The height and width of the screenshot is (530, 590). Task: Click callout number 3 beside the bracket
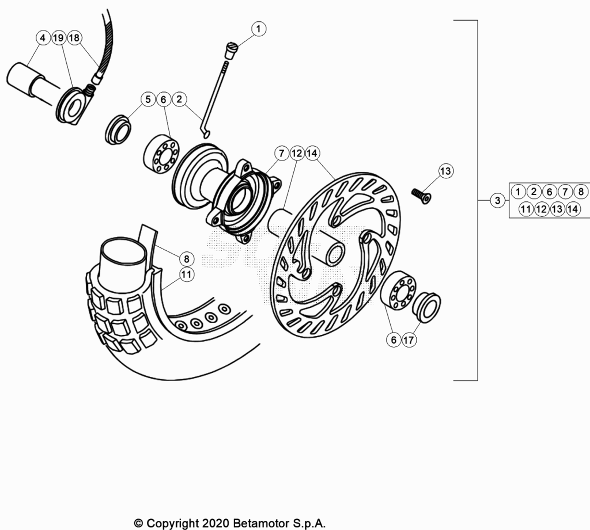pyautogui.click(x=497, y=200)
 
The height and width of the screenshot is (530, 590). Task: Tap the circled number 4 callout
pyautogui.click(x=43, y=37)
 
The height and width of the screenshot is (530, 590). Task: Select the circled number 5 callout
pyautogui.click(x=148, y=99)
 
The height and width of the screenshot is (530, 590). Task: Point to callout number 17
pyautogui.click(x=409, y=340)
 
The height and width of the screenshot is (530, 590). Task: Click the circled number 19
pyautogui.click(x=58, y=37)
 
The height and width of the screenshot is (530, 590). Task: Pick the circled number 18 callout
pyautogui.click(x=74, y=37)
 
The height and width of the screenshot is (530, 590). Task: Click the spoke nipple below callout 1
pyautogui.click(x=231, y=51)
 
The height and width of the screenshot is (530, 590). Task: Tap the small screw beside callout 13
pyautogui.click(x=421, y=196)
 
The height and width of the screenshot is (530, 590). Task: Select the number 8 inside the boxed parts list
pyautogui.click(x=581, y=192)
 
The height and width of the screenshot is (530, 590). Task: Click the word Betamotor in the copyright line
pyautogui.click(x=261, y=523)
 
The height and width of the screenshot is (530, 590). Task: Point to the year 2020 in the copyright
pyautogui.click(x=215, y=523)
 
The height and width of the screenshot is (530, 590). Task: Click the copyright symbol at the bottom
pyautogui.click(x=139, y=523)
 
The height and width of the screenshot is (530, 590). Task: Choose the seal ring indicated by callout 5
pyautogui.click(x=118, y=130)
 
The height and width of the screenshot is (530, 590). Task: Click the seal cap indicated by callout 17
pyautogui.click(x=426, y=307)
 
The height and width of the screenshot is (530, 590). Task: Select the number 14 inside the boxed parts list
pyautogui.click(x=573, y=209)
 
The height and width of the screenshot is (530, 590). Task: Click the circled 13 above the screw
pyautogui.click(x=445, y=171)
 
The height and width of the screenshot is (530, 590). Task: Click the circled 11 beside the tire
pyautogui.click(x=186, y=274)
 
